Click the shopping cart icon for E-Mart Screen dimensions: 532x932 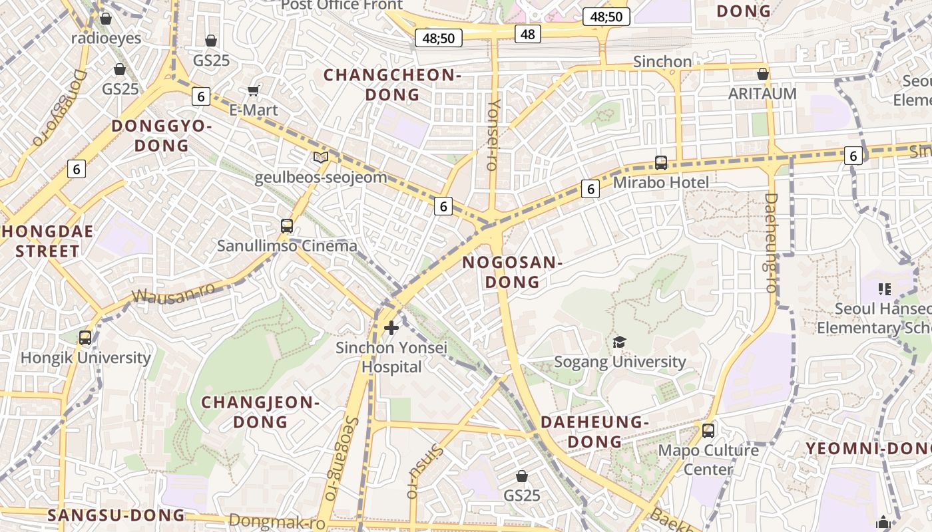(x=253, y=90)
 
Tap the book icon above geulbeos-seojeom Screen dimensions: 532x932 (x=321, y=158)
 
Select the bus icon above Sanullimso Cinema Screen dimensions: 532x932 (x=287, y=226)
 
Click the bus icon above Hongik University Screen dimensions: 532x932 (x=85, y=337)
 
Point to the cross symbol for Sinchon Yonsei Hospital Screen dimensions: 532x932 (x=391, y=327)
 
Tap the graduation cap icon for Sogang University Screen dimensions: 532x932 (x=620, y=342)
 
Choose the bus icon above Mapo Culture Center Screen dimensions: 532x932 (x=708, y=430)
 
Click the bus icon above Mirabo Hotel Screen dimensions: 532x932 (x=661, y=162)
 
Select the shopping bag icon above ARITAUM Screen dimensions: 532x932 (x=763, y=73)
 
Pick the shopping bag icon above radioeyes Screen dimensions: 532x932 (x=106, y=19)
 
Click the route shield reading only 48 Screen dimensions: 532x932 (x=528, y=34)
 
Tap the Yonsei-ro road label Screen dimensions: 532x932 (x=494, y=135)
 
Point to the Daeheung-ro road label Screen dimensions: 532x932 (x=772, y=242)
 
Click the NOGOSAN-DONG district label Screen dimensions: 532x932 (x=512, y=272)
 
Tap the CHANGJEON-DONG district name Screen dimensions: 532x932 (x=260, y=412)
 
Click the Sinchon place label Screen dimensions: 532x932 (x=662, y=62)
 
